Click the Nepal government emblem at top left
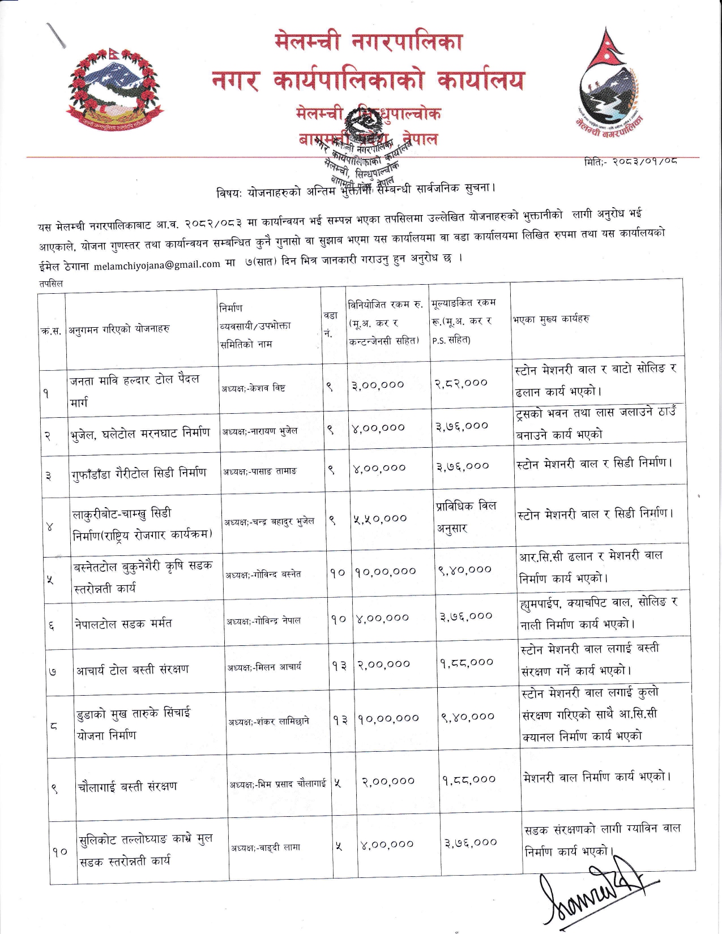pos(114,91)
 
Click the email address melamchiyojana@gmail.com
pos(157,264)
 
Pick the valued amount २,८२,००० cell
pos(461,383)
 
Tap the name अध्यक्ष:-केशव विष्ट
pos(254,388)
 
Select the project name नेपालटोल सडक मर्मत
pos(123,623)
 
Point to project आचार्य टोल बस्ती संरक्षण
pos(133,670)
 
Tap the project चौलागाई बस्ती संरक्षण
pos(127,786)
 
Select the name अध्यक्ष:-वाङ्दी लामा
pos(266,847)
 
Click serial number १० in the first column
pos(61,851)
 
